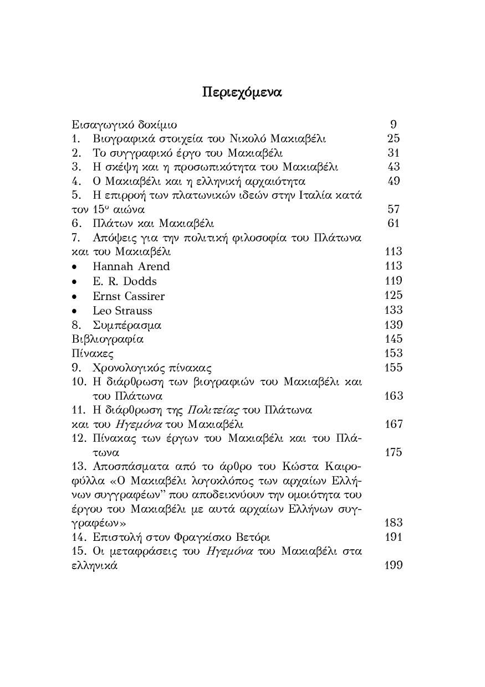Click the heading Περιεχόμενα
(242, 92)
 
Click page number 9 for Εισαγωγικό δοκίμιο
(393, 124)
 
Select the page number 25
(393, 138)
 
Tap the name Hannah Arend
(131, 266)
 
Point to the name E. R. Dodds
(125, 281)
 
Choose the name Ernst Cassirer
(129, 296)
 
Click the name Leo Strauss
(122, 311)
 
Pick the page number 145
(393, 339)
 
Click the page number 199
(393, 565)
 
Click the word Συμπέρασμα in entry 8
(127, 325)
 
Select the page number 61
(393, 223)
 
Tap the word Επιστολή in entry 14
(115, 537)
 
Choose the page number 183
(393, 523)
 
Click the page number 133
(393, 310)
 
